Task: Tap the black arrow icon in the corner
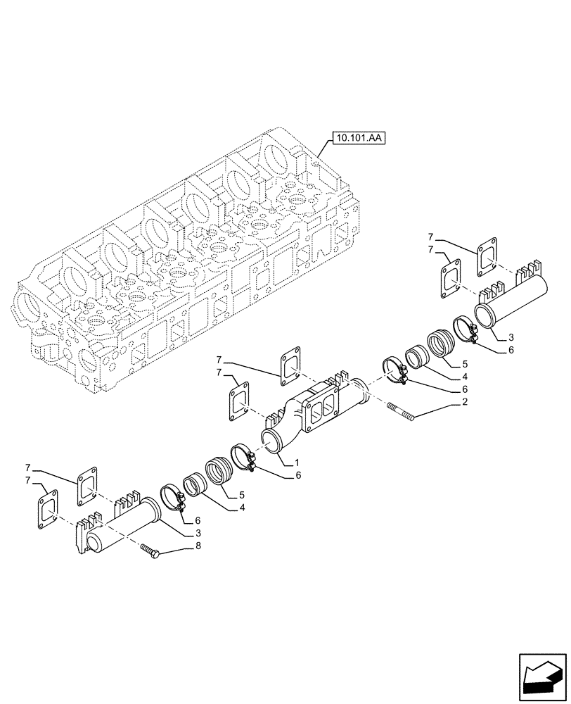pos(541,677)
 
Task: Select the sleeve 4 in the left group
pos(195,486)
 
